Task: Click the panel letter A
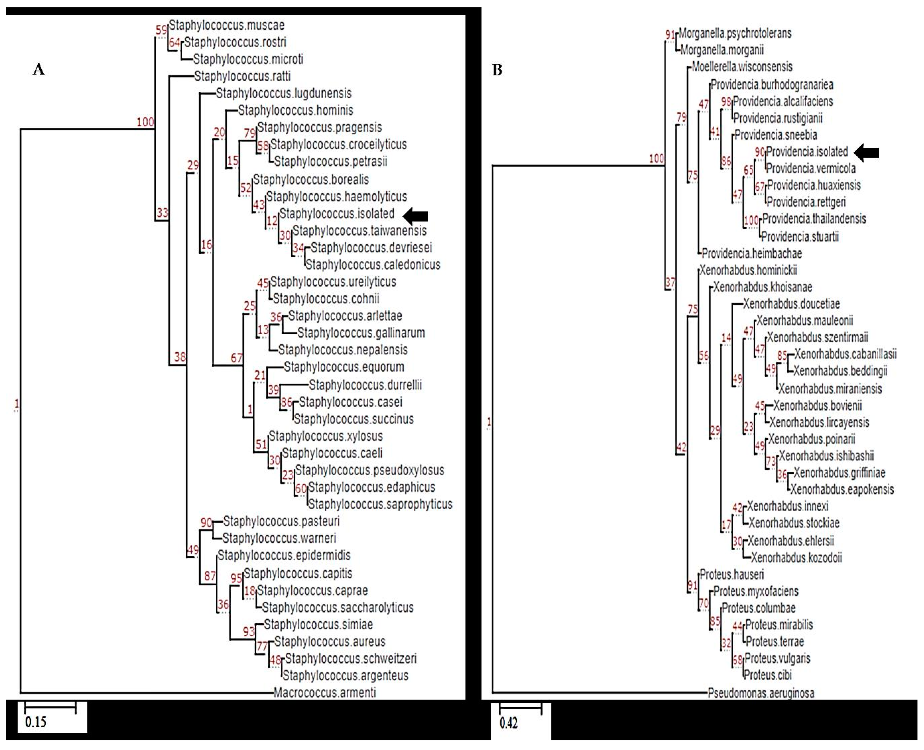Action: pyautogui.click(x=39, y=69)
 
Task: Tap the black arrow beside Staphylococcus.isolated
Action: pyautogui.click(x=415, y=216)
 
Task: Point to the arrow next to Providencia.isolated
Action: pyautogui.click(x=867, y=152)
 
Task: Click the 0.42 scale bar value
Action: pyautogui.click(x=508, y=723)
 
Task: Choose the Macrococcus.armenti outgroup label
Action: pyautogui.click(x=325, y=692)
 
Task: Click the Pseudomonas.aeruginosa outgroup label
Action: pyautogui.click(x=761, y=693)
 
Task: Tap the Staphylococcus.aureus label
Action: pyautogui.click(x=329, y=641)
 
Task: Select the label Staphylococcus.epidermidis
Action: pyautogui.click(x=284, y=556)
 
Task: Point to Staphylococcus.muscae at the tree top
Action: pyautogui.click(x=227, y=26)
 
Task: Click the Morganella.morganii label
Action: pyautogui.click(x=722, y=50)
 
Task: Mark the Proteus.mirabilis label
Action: pyautogui.click(x=779, y=625)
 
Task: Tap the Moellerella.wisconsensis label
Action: pyautogui.click(x=742, y=67)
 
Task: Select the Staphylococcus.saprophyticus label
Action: pyautogui.click(x=380, y=504)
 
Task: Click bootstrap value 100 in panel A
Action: pyautogui.click(x=145, y=122)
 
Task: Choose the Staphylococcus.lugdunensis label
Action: pyautogui.click(x=284, y=93)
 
